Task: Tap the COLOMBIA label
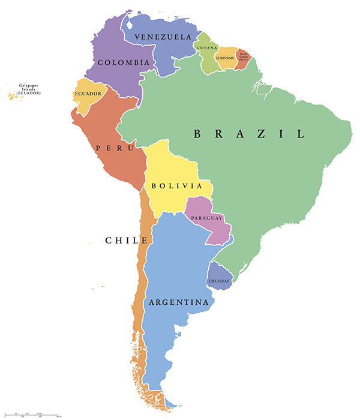123,62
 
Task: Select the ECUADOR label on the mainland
88,94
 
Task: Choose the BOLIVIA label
176,186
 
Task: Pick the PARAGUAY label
208,218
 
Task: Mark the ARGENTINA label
179,302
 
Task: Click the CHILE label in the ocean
126,241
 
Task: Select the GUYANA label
207,47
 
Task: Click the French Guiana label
243,56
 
